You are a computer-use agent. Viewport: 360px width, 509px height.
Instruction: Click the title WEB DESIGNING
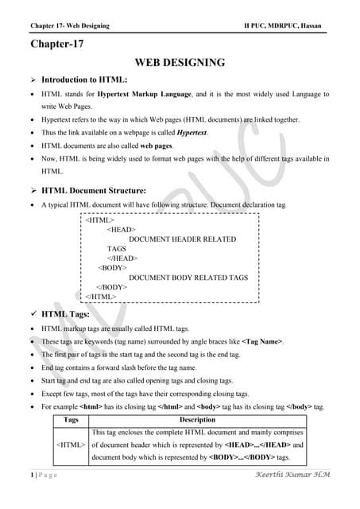[x=180, y=62]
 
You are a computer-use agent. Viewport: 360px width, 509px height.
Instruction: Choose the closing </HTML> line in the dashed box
[x=101, y=296]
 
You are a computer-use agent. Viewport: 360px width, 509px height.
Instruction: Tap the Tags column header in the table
[x=71, y=419]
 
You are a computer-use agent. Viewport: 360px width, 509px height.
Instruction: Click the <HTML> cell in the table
[x=71, y=445]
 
